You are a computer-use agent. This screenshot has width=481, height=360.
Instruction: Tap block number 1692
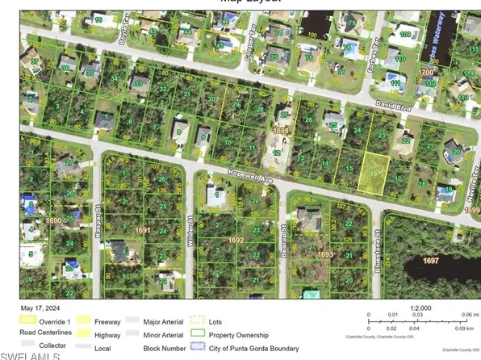click(x=236, y=240)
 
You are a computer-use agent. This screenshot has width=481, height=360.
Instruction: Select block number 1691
click(x=143, y=230)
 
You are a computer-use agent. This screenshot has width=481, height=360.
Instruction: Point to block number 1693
click(x=324, y=254)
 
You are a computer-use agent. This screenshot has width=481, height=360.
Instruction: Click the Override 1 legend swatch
click(x=28, y=320)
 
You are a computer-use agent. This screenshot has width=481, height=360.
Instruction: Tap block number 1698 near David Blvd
click(x=281, y=130)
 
